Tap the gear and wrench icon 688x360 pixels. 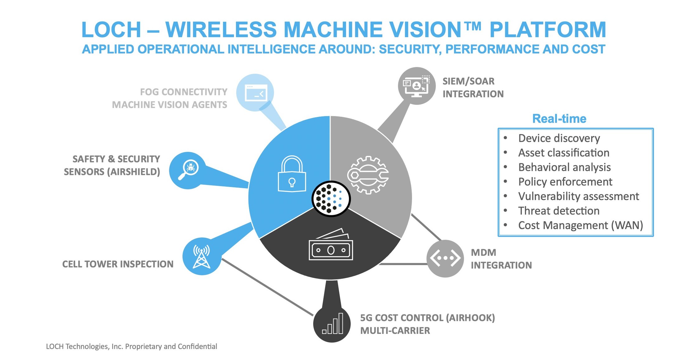[x=368, y=175]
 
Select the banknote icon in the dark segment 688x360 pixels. [x=331, y=245]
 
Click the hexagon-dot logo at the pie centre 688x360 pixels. [x=331, y=199]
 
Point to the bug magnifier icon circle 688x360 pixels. [x=188, y=170]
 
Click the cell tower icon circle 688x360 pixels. [x=202, y=256]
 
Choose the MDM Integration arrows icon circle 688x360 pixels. [x=445, y=258]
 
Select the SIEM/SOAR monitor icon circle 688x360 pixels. [x=417, y=86]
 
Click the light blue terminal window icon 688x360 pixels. [x=255, y=93]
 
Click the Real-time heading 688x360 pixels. [x=559, y=119]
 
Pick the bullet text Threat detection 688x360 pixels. [x=559, y=211]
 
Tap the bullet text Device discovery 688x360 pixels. [x=559, y=138]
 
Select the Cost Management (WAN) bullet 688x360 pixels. [x=580, y=225]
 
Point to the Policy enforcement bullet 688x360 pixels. [x=565, y=182]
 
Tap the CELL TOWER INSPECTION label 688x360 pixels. [x=118, y=264]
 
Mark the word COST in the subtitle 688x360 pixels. [x=588, y=49]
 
